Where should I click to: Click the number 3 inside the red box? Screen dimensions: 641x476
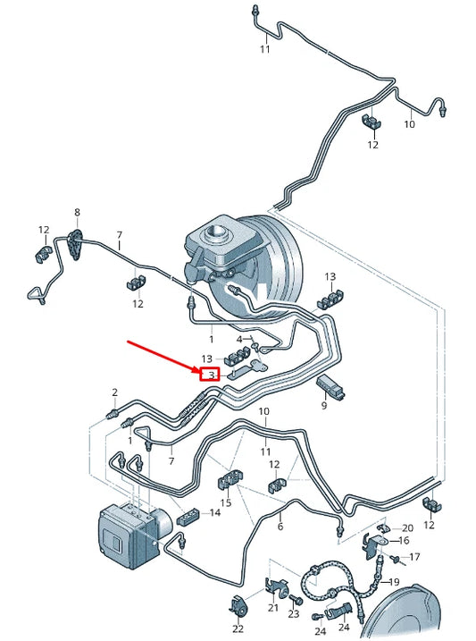211,375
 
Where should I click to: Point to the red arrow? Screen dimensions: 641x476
165,356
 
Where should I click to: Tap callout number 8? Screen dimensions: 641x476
77,213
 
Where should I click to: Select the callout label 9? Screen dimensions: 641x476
324,406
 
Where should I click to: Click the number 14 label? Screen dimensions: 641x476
214,513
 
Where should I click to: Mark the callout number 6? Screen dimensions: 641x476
280,527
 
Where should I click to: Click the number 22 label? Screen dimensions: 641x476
238,629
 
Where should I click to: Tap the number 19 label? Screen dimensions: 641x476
394,582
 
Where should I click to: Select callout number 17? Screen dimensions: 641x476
414,558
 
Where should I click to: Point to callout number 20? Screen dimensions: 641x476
407,528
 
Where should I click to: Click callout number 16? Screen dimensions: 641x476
404,541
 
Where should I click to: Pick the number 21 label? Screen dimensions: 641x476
272,608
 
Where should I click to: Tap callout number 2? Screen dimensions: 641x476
114,392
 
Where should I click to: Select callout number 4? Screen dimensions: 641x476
239,339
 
